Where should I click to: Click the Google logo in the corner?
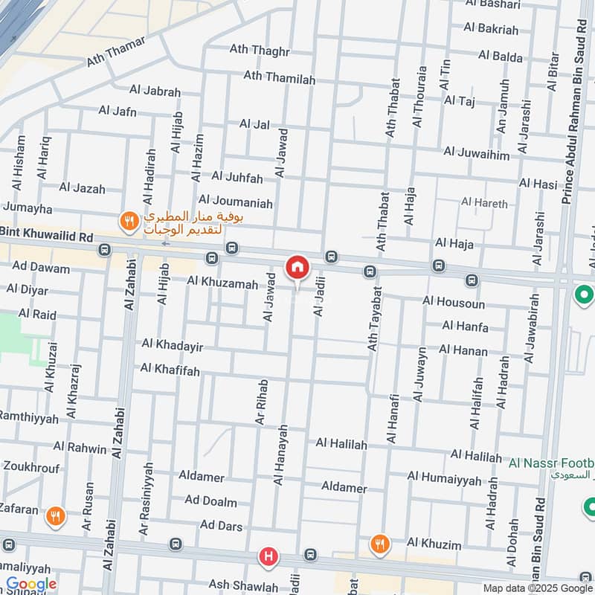point(31,584)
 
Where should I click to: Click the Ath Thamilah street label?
point(280,77)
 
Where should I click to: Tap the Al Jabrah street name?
point(155,91)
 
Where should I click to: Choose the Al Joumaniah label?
point(236,202)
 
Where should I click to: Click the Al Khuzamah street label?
point(222,283)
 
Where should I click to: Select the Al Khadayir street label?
point(173,346)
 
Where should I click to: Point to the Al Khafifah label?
point(170,369)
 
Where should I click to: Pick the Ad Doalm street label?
point(211,502)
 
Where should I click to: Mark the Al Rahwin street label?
point(80,446)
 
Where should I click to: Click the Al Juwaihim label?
point(477,153)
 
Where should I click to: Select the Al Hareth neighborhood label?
point(484,202)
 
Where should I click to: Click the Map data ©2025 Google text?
point(530,588)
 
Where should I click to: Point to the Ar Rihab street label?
point(261,402)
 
